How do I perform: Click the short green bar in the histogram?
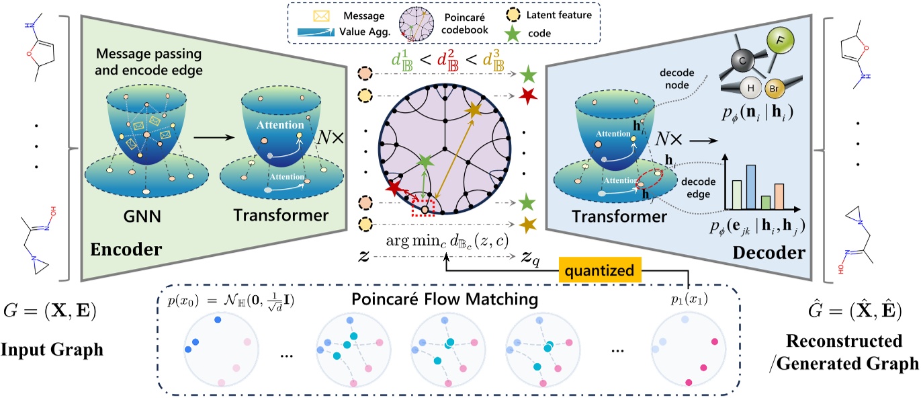[x=765, y=201]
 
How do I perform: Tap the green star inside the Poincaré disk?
[x=425, y=162]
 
